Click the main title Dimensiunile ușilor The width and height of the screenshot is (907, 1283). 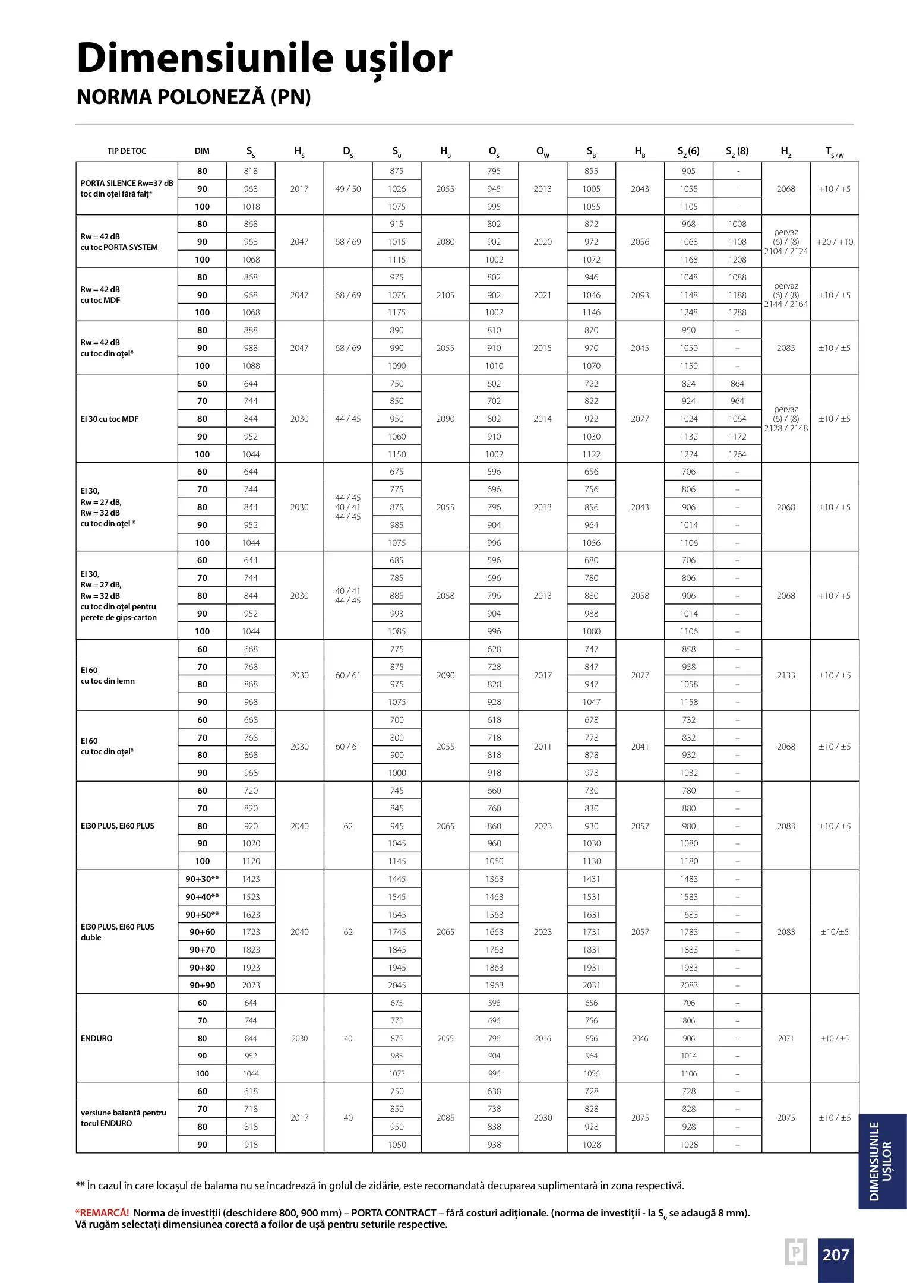point(264,59)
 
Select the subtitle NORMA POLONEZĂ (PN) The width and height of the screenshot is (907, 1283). point(194,97)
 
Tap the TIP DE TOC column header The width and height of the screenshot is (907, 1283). point(127,151)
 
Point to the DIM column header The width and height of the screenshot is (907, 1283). point(202,151)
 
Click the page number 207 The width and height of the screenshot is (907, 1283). point(835,1255)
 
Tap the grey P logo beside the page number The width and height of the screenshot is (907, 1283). point(796,1252)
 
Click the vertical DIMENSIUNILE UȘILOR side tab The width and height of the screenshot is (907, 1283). point(881,1161)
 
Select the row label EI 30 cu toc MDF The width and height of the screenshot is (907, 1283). point(109,419)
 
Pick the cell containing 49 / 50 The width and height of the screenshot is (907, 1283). point(348,189)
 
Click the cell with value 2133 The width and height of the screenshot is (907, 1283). point(786,675)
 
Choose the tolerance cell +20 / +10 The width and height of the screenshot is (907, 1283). point(835,242)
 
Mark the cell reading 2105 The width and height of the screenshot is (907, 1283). point(445,295)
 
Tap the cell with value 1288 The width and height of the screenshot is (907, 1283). point(737,312)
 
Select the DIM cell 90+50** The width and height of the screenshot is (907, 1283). point(202,915)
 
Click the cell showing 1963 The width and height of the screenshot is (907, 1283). point(494,985)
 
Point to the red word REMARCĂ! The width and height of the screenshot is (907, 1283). point(102,1213)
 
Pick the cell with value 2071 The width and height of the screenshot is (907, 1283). point(786,1038)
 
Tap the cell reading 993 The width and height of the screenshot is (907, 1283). point(397,614)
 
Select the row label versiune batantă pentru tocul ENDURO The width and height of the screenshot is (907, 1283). point(124,1118)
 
